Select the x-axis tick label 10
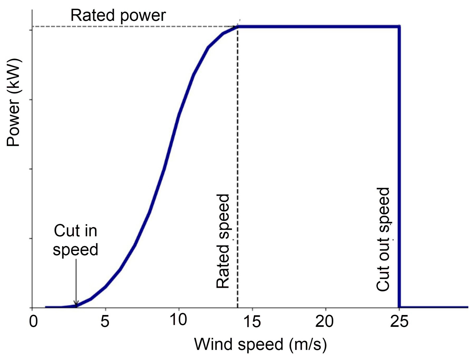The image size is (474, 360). click(178, 320)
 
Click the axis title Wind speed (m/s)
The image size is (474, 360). click(260, 344)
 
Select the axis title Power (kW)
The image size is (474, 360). click(14, 102)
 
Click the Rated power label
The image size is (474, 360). click(118, 15)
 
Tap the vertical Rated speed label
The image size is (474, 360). click(223, 241)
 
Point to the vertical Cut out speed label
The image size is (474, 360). click(383, 239)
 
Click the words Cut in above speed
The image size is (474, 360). click(76, 231)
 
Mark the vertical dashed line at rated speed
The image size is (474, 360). click(238, 170)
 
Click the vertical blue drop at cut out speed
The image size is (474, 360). click(399, 170)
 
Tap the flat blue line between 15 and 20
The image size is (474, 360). click(288, 27)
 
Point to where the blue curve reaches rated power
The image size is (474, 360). click(238, 27)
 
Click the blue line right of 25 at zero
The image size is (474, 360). click(436, 307)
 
